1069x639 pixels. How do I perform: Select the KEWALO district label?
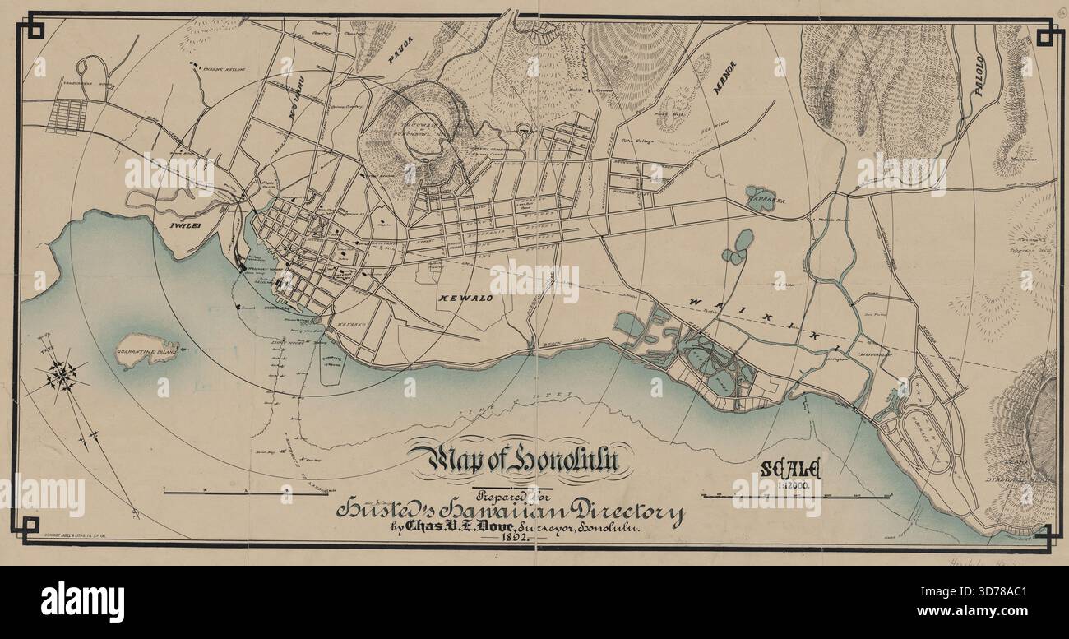(x=465, y=298)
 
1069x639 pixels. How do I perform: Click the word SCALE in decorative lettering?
(x=791, y=470)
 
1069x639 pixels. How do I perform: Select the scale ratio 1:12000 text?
(x=791, y=486)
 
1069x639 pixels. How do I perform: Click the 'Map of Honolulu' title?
(x=520, y=461)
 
